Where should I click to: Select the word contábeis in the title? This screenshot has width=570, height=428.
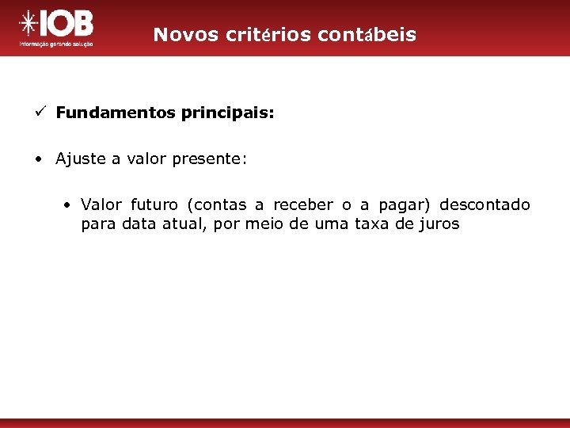click(366, 35)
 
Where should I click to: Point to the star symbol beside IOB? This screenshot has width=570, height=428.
click(28, 25)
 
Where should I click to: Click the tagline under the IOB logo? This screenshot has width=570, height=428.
click(56, 44)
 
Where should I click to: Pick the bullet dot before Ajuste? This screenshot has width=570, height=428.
click(38, 159)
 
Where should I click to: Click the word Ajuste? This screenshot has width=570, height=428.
click(80, 159)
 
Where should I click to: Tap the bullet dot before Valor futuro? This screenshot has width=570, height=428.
click(70, 205)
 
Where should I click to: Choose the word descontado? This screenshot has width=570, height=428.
click(484, 205)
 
